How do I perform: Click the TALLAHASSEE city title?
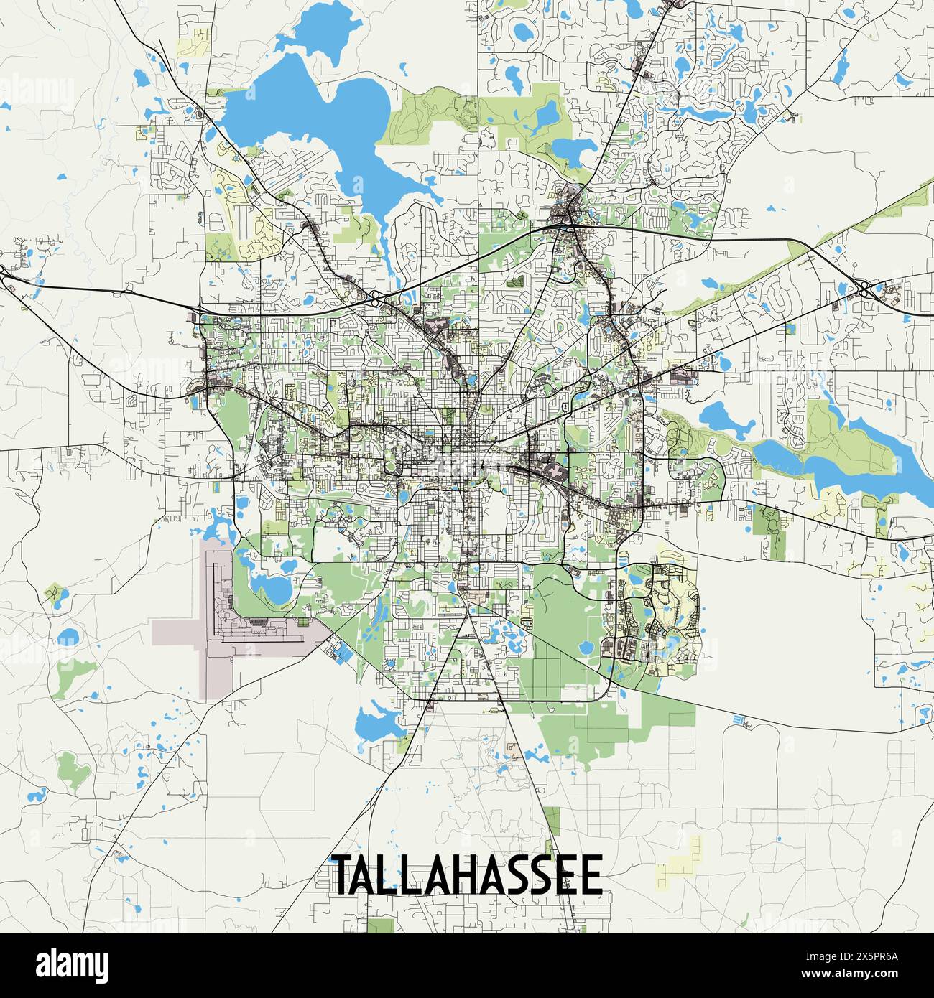coord(467,875)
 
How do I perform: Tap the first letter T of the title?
coord(342,875)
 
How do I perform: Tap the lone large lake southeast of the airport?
coord(374,725)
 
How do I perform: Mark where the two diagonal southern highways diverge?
coord(471,619)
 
